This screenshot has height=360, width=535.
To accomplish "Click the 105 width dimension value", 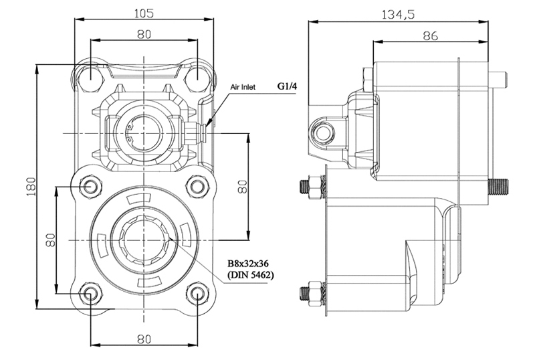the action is tap(144, 13).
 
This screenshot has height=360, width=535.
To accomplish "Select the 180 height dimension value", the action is tap(31, 186).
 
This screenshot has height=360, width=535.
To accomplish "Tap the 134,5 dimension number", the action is tap(398, 15).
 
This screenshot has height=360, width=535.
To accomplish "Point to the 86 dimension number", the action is tap(430, 35).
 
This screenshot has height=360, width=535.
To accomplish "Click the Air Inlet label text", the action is tap(243, 88).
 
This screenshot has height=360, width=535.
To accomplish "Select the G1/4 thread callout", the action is tap(287, 86).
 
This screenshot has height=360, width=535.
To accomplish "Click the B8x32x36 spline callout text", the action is tap(248, 264).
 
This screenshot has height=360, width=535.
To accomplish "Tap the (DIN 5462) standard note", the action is tap(250, 274).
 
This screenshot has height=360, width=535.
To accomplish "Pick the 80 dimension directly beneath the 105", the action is tap(144, 34).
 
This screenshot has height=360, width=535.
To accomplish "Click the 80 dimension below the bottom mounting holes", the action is tap(144, 339).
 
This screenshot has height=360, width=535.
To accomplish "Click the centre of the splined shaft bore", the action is tap(144, 240).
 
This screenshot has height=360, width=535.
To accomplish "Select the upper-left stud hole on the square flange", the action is tap(91, 187).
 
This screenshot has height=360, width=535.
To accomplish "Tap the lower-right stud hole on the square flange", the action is tap(197, 294).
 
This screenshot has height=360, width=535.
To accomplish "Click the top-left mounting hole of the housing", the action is tap(91, 75).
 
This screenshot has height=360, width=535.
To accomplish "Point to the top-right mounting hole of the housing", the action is tap(197, 75).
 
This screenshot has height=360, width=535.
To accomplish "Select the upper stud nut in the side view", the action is tap(315, 187).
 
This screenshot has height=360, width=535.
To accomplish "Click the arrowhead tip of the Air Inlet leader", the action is tap(207, 127).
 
